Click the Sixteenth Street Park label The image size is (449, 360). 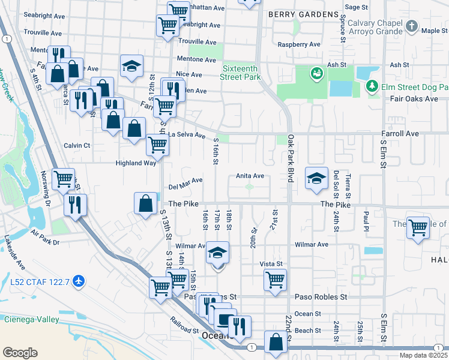(x=241, y=73)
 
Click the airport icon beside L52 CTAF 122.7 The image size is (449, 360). (x=78, y=280)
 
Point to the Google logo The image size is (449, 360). (x=20, y=353)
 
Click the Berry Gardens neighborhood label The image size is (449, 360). (x=303, y=14)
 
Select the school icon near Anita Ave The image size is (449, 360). (x=317, y=178)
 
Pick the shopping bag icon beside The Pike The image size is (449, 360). (x=146, y=203)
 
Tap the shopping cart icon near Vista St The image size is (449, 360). (x=275, y=278)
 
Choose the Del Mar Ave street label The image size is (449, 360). (x=185, y=180)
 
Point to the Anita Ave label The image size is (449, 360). (x=250, y=176)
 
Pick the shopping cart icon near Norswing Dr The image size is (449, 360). (x=63, y=178)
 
